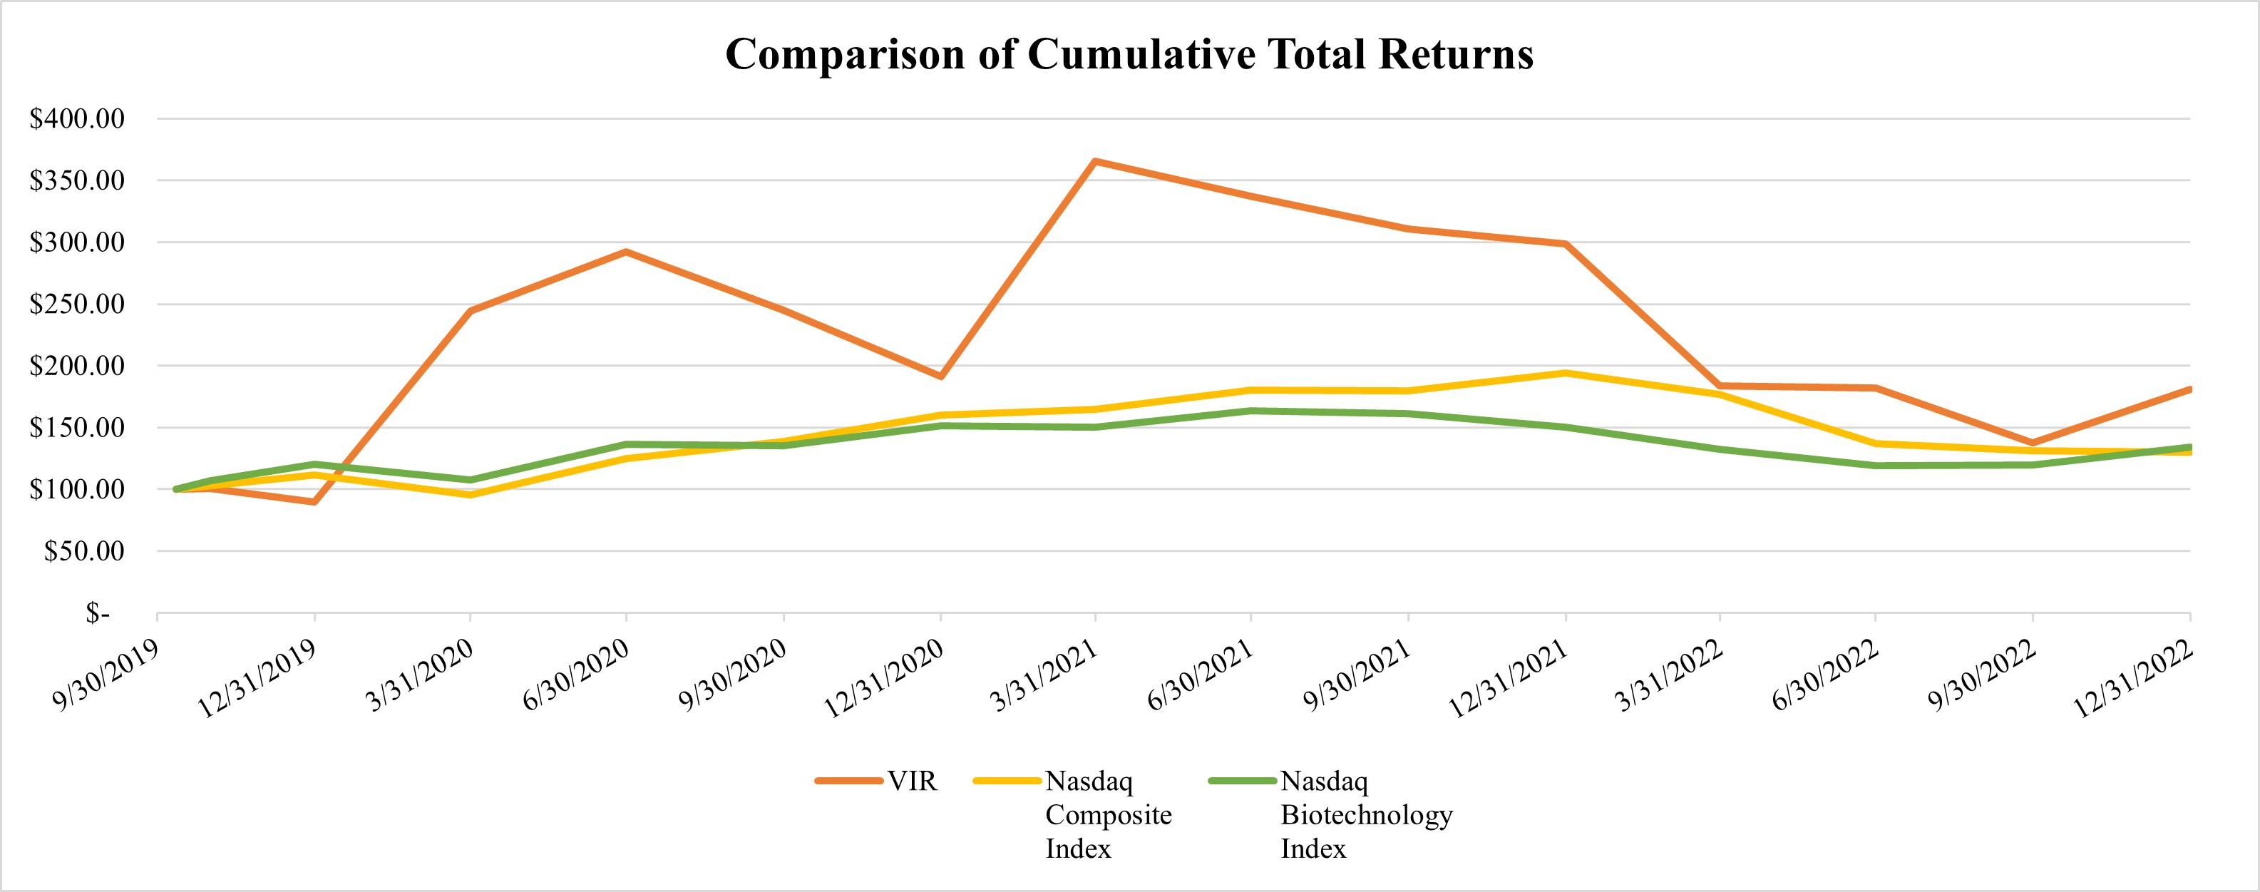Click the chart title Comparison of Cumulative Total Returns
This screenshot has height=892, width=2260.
tap(1129, 54)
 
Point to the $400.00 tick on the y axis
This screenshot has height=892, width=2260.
tap(77, 118)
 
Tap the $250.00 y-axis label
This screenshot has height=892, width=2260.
tap(77, 304)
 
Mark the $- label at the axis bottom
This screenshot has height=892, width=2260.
tap(98, 614)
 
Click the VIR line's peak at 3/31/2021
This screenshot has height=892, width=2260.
tap(1095, 161)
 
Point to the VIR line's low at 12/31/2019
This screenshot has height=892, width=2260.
tap(314, 502)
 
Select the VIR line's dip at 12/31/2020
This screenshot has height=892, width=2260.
tap(940, 376)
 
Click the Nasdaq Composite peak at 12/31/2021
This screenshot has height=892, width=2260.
tap(1565, 373)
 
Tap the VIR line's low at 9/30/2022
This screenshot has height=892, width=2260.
tap(2033, 443)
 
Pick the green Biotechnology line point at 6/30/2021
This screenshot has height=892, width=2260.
tap(1251, 411)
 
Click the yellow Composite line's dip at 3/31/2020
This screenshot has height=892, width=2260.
tap(471, 495)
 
